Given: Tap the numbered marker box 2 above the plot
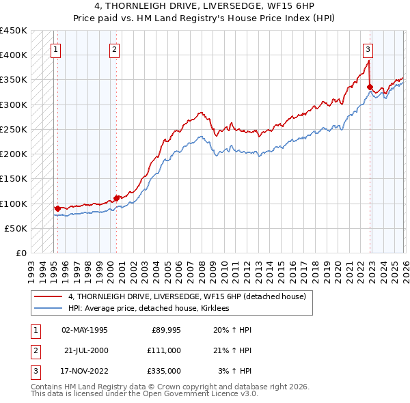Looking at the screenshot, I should point(114,48).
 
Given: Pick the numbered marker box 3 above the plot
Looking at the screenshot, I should point(368,48).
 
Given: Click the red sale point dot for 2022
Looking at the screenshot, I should point(370,87).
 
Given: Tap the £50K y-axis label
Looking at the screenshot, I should point(16,228).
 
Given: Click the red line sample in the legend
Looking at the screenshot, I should point(49,296).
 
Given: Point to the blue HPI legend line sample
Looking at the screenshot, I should point(49,308).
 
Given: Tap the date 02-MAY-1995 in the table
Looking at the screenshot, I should point(85,330).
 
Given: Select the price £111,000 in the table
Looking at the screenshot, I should point(164,350).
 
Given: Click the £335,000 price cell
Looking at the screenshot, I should point(164,371).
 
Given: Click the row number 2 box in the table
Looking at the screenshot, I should point(34,350).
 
